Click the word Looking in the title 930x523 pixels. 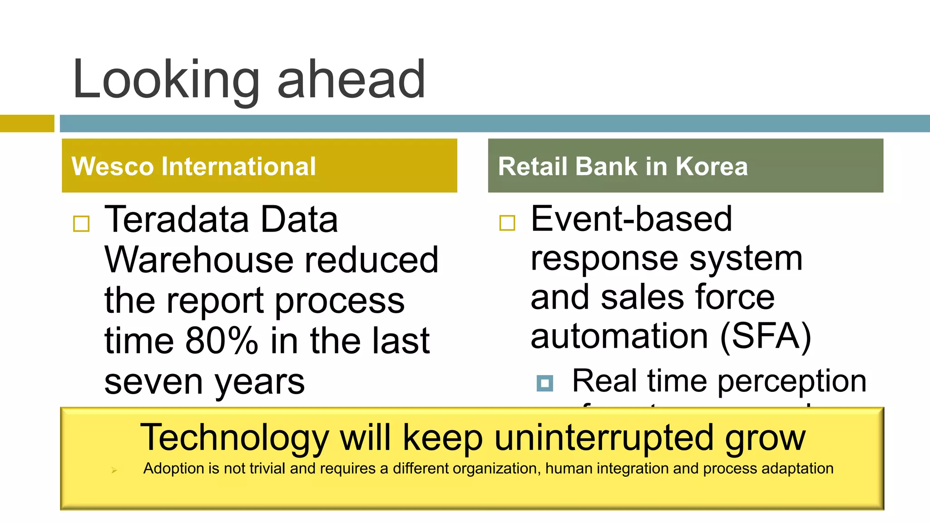click(x=166, y=81)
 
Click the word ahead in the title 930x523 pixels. click(x=351, y=81)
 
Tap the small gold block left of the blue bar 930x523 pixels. click(x=27, y=123)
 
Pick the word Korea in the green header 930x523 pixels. click(x=711, y=166)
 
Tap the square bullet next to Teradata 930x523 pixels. click(x=81, y=224)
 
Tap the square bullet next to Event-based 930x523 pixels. click(x=507, y=223)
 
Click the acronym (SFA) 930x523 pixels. click(x=766, y=336)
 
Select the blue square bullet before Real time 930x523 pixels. click(x=544, y=383)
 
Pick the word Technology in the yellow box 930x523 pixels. click(x=234, y=438)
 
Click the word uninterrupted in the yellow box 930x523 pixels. click(x=604, y=438)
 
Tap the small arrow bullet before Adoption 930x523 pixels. click(x=114, y=470)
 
